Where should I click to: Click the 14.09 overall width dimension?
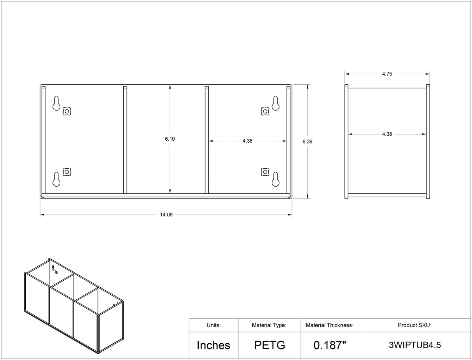[x=166, y=215]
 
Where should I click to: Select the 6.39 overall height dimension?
[x=307, y=142]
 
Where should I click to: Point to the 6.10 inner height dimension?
[x=170, y=139]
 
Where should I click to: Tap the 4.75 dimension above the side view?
[x=387, y=74]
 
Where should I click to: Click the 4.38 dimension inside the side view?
[x=387, y=134]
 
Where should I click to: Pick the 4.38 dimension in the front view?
[x=248, y=141]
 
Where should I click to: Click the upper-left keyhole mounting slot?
[x=56, y=103]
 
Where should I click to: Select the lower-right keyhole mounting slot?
[x=275, y=179]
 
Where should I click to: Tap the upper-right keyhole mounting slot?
[x=275, y=103]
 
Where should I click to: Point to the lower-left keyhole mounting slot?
[x=56, y=179]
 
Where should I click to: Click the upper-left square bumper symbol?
[x=67, y=111]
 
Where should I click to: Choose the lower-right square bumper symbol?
[x=265, y=172]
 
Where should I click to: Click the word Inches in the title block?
[x=213, y=345]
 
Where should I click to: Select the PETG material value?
[x=270, y=345]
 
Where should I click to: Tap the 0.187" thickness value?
[x=330, y=345]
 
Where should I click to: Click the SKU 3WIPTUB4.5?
[x=415, y=345]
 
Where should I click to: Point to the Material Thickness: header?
[x=329, y=325]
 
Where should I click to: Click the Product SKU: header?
[x=414, y=325]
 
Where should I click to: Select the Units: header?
[x=213, y=325]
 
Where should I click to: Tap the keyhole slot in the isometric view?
[x=53, y=268]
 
